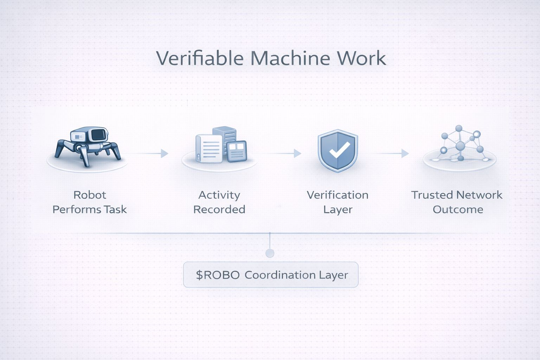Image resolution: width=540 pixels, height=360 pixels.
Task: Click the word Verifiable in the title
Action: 199,58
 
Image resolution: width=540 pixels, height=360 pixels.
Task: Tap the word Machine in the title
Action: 290,58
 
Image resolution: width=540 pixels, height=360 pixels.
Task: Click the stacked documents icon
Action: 221,145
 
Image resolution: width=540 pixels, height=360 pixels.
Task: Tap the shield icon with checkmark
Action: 337,150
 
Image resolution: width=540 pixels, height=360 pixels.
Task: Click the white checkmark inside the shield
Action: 339,150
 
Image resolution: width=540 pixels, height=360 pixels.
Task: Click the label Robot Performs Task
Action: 89,202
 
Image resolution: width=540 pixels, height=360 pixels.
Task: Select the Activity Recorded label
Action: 219,202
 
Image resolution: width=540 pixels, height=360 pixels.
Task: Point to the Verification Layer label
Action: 337,202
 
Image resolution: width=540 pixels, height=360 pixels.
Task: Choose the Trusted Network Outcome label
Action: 457,202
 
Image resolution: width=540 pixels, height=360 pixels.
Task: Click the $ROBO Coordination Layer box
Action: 271,275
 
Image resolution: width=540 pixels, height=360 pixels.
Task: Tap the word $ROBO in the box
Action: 218,275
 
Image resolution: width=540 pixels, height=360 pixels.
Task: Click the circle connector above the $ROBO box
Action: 270,253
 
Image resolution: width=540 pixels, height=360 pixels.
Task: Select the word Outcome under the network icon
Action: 458,210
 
